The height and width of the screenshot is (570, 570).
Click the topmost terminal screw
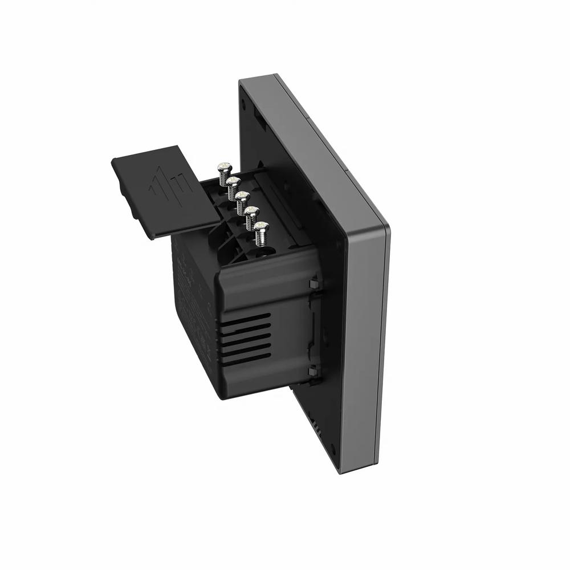click(x=222, y=168)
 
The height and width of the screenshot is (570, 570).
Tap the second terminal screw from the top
click(x=233, y=182)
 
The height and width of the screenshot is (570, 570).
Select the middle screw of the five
click(x=242, y=197)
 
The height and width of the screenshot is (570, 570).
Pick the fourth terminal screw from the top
click(x=252, y=212)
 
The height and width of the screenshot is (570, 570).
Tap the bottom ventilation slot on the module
click(x=247, y=357)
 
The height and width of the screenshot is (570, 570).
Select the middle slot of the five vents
click(x=246, y=337)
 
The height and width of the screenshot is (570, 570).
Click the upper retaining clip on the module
click(x=314, y=283)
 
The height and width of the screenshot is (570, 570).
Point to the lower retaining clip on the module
click(x=314, y=372)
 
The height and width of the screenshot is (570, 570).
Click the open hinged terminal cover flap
click(x=165, y=191)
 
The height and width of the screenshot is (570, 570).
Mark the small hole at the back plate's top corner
click(x=245, y=105)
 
